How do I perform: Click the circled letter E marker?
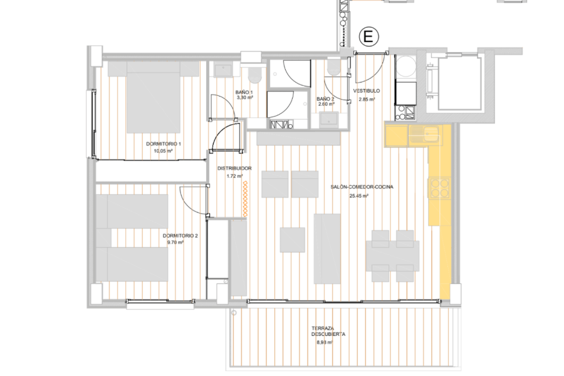tap(368, 37)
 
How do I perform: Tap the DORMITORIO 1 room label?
tap(164, 144)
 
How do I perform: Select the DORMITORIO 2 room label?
tap(180, 236)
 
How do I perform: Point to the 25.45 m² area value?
tap(358, 196)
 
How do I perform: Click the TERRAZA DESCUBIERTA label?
tap(328, 332)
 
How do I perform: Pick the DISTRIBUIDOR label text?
tap(234, 169)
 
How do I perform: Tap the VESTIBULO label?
tap(367, 91)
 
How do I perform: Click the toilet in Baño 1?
tap(255, 73)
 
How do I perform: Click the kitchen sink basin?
tap(430, 133)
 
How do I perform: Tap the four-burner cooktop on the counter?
tap(439, 188)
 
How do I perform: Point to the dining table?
tap(392, 256)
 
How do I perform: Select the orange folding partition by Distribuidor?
tap(245, 199)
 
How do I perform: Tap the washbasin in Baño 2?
tap(329, 119)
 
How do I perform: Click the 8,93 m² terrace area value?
tap(325, 343)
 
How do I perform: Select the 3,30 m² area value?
tap(245, 98)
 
